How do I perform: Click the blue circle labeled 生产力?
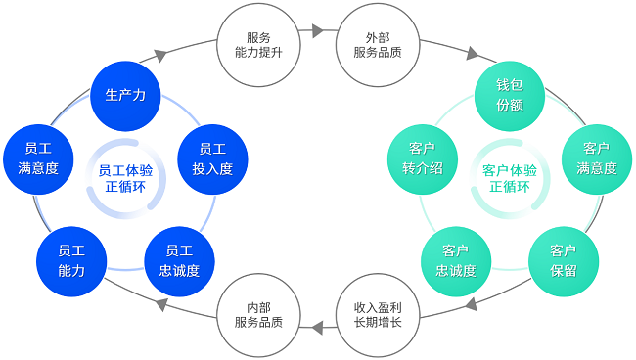125,95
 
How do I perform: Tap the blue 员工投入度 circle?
212,158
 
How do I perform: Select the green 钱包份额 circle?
509,95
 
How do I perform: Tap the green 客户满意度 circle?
596,158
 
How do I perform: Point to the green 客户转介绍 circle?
423,158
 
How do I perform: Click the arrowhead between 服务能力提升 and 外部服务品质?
317,31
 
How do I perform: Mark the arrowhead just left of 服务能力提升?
160,55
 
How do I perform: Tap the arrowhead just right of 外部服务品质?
474,56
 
